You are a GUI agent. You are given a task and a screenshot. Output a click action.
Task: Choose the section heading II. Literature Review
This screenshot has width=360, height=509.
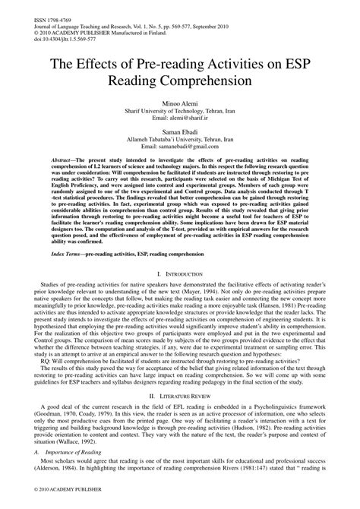click(x=179, y=418)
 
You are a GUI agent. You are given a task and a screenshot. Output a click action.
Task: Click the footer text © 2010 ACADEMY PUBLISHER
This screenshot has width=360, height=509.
click(x=46, y=501)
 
